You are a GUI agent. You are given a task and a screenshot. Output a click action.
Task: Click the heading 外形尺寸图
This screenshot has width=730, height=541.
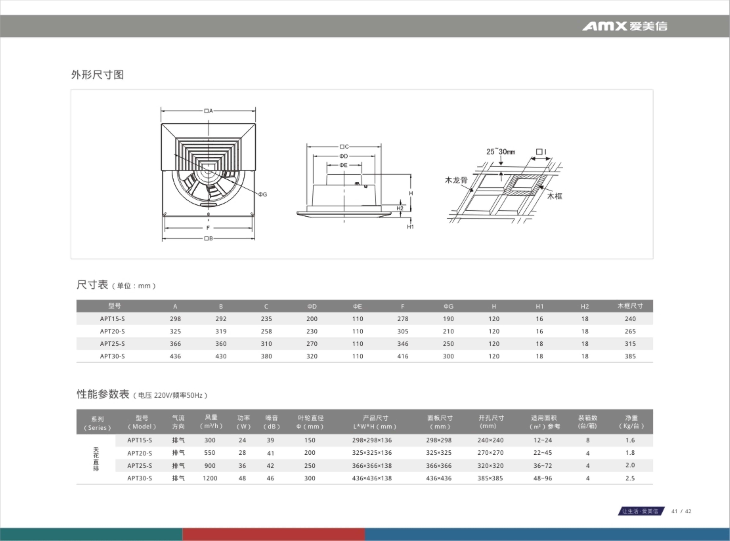[x=97, y=75]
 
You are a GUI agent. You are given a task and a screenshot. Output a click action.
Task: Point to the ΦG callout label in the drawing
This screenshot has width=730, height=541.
[x=263, y=194]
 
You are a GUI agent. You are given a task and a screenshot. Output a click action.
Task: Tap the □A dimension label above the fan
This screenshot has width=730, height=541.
[x=208, y=111]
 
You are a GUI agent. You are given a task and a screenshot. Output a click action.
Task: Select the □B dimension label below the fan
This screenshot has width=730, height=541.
[x=208, y=238]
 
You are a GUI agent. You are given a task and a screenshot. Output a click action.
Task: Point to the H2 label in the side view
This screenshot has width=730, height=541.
[x=400, y=208]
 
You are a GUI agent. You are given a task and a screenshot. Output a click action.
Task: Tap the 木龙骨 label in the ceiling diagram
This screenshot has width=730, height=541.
[x=456, y=180]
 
